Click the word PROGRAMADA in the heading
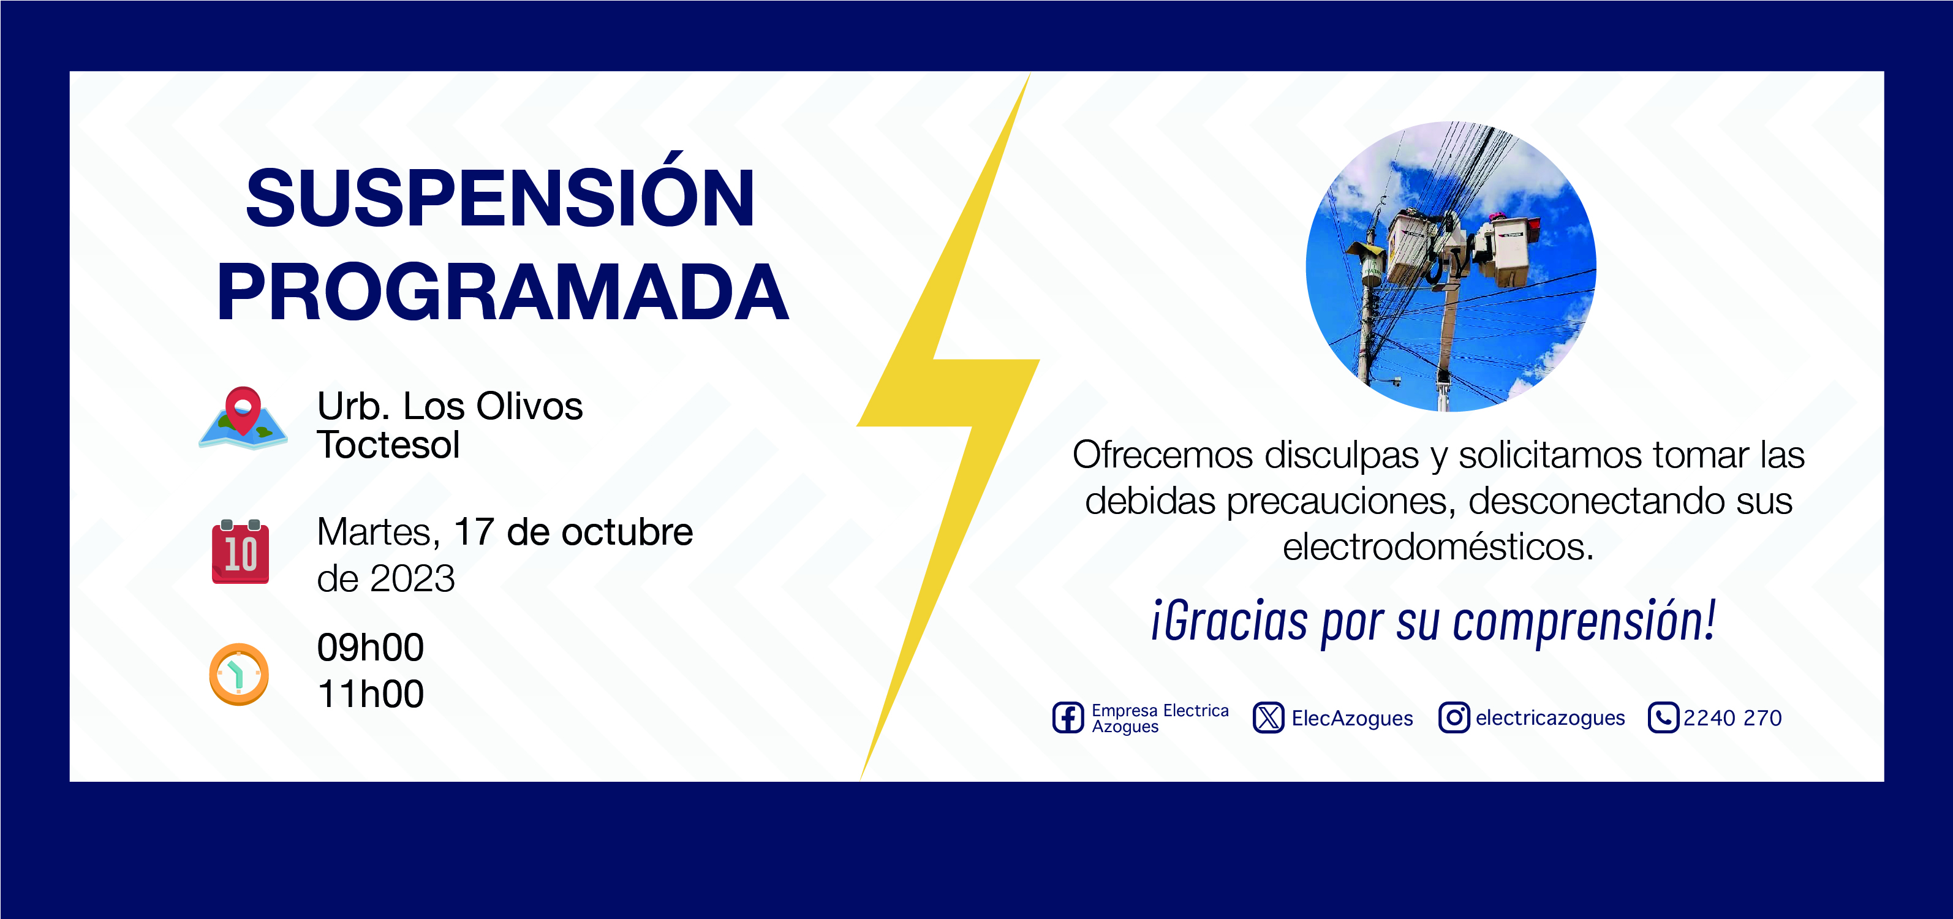pyautogui.click(x=503, y=292)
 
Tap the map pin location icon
pyautogui.click(x=243, y=418)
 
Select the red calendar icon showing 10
pyautogui.click(x=240, y=552)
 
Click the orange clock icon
pyautogui.click(x=239, y=674)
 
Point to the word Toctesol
pyautogui.click(x=388, y=445)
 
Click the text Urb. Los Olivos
pyautogui.click(x=450, y=406)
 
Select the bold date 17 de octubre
pyautogui.click(x=573, y=532)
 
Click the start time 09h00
pyautogui.click(x=371, y=648)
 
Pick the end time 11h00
pyautogui.click(x=371, y=694)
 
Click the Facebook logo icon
pyautogui.click(x=1068, y=717)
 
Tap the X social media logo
pyautogui.click(x=1268, y=717)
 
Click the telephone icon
pyautogui.click(x=1663, y=717)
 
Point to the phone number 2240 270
pyautogui.click(x=1732, y=718)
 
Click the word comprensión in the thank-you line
pyautogui.click(x=1585, y=622)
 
